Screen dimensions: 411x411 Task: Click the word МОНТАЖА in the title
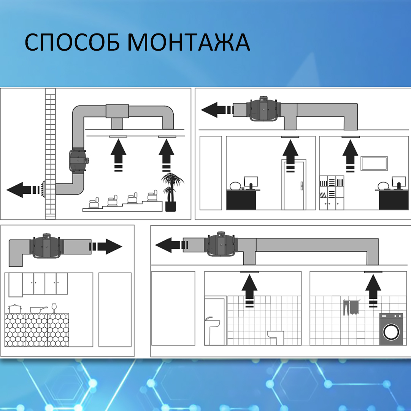coord(189,42)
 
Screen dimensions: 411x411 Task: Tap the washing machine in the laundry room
coord(391,329)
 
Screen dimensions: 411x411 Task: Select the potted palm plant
coord(172,192)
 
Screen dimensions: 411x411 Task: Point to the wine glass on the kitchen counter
coord(54,308)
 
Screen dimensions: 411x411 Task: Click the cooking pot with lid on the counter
coord(15,309)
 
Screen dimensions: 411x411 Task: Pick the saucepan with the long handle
coord(38,310)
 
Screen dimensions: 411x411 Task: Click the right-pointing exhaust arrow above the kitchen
coord(106,246)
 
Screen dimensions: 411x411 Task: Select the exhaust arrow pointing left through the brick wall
coord(23,190)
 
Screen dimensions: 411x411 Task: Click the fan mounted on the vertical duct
coord(78,160)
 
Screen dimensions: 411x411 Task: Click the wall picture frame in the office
coord(374,163)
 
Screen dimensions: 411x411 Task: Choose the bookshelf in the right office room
coord(332,193)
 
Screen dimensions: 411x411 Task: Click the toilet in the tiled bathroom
coord(276,338)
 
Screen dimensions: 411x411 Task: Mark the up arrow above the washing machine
coord(373,291)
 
